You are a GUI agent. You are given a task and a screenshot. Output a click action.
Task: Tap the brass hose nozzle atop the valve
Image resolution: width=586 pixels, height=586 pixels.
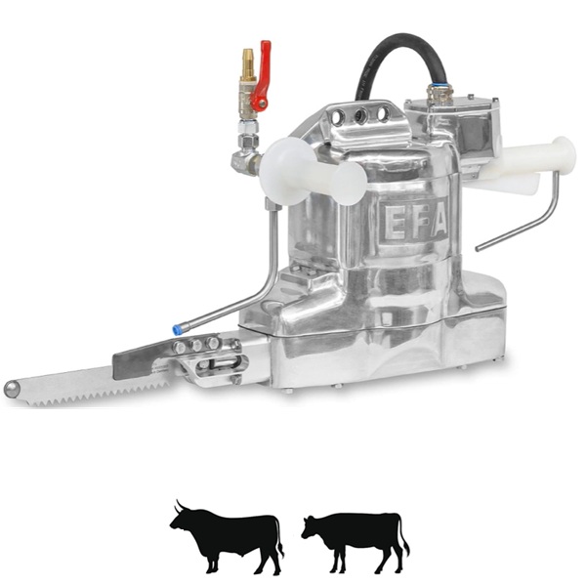click(247, 64)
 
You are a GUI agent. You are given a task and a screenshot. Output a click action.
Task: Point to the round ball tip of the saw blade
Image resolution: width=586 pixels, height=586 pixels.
click(12, 389)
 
